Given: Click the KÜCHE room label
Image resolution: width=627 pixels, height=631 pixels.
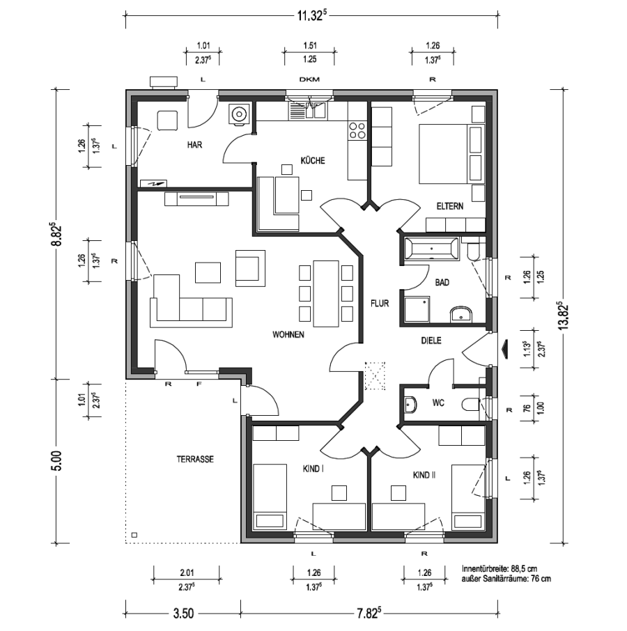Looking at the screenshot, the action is (313, 161).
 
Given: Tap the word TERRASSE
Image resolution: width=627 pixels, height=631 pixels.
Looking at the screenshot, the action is (195, 459).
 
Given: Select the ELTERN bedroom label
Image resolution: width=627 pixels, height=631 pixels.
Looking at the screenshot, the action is (450, 206).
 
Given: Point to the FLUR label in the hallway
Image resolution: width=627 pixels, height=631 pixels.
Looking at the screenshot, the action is (380, 303).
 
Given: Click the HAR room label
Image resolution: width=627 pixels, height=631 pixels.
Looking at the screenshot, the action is (194, 144).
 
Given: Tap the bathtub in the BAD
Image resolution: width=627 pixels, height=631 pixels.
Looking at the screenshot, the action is (431, 249).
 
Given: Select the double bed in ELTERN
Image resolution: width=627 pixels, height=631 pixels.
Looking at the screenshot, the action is (451, 154).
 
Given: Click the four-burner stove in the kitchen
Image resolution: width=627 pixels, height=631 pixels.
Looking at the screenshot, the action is (358, 130).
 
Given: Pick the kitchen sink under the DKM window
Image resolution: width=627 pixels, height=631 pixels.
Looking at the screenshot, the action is (307, 110).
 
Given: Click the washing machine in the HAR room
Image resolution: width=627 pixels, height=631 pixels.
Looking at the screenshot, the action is (240, 114).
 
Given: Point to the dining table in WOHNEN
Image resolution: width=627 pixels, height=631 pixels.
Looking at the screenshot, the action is (325, 294).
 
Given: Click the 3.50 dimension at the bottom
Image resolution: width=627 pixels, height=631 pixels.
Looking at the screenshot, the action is (183, 614).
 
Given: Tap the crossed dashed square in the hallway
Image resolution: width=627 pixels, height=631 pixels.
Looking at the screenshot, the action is (375, 376).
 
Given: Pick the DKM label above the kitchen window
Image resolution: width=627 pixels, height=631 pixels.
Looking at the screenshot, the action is (309, 79).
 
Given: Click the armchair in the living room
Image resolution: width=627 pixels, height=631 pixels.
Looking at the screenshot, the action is (250, 268).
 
